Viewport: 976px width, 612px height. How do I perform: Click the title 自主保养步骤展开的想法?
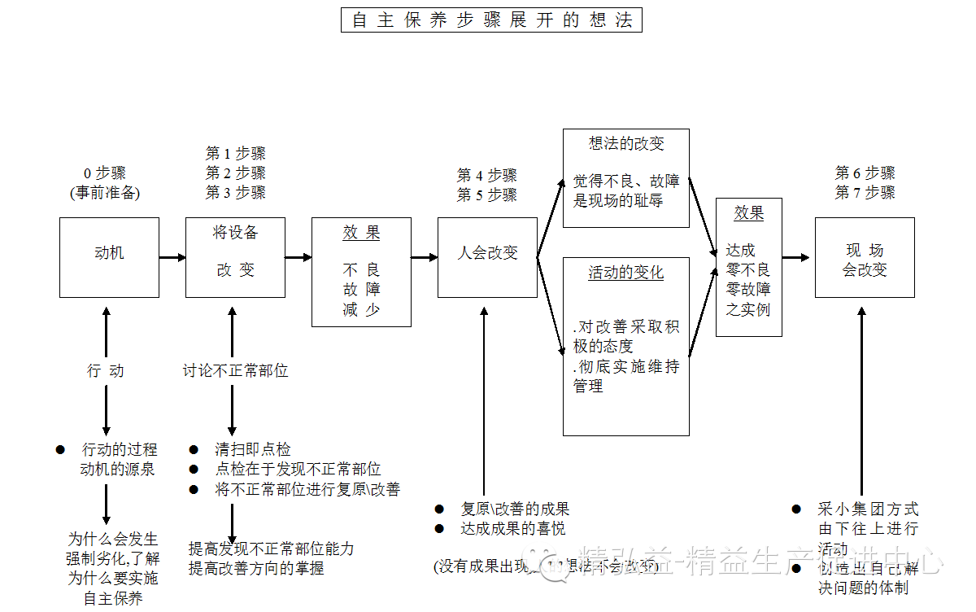491,20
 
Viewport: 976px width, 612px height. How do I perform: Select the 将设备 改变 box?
235,256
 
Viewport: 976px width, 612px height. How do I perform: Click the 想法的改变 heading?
626,144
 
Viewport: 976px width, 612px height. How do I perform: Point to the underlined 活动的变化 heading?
626,273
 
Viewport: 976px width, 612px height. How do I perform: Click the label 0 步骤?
105,173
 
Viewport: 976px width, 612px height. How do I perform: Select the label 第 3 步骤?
235,193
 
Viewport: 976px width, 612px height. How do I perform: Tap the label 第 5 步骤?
486,195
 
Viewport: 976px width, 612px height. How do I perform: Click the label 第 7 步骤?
865,193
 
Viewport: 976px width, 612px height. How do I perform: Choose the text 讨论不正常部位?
235,371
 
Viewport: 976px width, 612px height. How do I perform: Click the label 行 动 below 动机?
106,371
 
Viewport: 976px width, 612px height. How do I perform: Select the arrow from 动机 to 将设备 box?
172,257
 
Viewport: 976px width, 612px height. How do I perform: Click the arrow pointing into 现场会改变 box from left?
798,257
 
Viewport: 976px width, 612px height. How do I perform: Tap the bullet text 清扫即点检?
252,449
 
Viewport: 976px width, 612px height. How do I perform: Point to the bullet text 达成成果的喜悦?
513,529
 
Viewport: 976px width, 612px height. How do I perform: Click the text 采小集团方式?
868,509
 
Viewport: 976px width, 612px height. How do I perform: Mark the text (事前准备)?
105,193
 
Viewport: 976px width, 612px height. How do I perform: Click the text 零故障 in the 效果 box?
748,290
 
